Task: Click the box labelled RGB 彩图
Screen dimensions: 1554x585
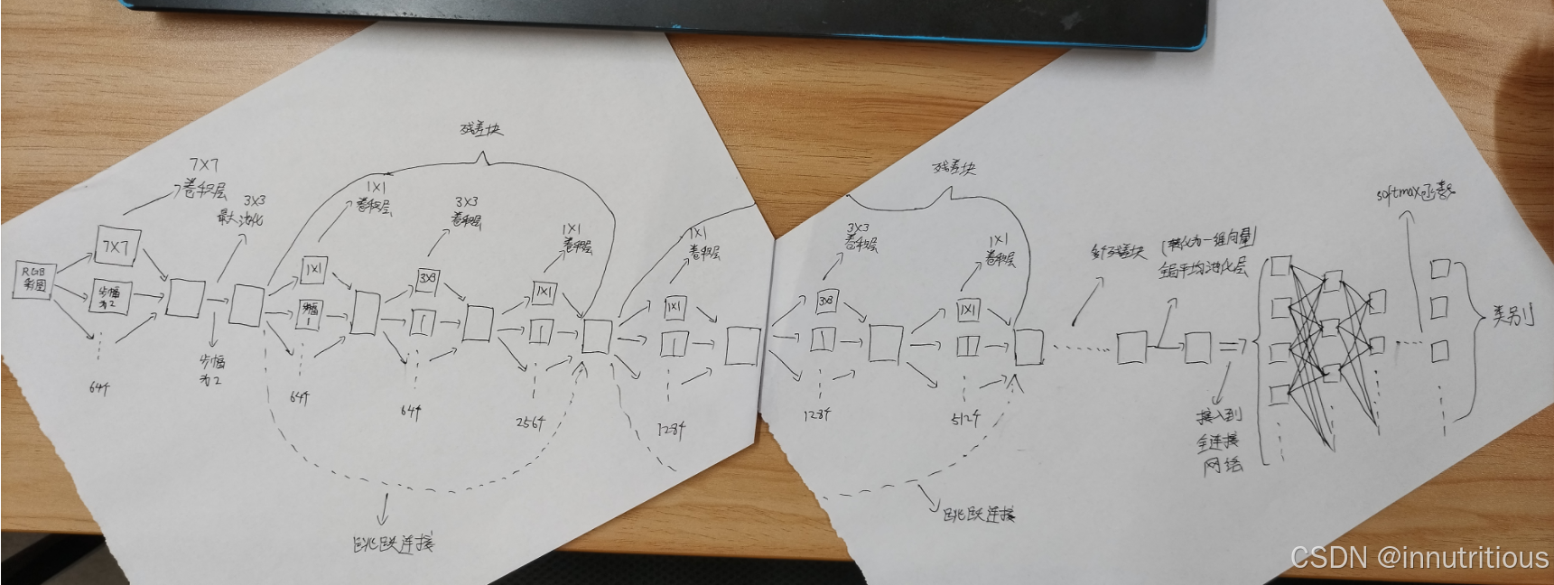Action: pos(34,280)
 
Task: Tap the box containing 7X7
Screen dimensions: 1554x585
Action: pos(116,246)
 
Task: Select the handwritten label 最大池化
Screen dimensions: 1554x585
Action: pos(240,217)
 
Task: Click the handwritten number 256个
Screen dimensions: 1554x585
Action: pos(530,422)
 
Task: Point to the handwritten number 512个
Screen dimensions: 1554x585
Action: pos(964,418)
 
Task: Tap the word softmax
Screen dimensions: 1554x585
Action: pos(1397,193)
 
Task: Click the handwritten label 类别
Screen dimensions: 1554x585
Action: pos(1512,316)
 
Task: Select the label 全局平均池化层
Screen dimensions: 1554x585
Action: pos(1203,268)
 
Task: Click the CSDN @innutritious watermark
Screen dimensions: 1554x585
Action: pos(1419,558)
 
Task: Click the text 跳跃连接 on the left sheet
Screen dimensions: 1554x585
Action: pos(392,543)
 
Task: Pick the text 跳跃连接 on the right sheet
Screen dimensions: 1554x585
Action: pos(979,515)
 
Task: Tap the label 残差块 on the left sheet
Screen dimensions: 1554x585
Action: pos(481,129)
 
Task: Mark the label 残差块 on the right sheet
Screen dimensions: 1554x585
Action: pos(955,168)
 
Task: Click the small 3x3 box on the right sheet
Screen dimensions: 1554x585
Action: pos(826,301)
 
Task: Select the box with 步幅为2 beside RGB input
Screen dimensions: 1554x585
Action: pos(109,297)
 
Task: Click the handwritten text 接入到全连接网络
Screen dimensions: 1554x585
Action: pos(1220,441)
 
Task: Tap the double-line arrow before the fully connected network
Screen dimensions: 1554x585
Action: pos(1233,346)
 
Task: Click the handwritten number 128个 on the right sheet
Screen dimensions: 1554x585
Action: pos(816,414)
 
